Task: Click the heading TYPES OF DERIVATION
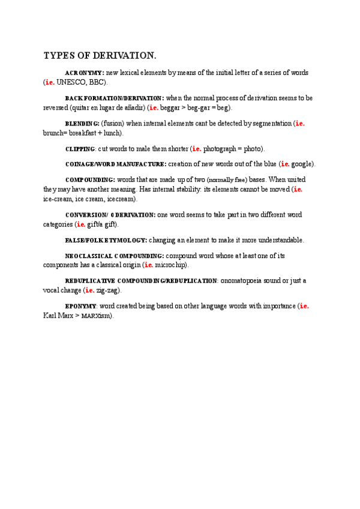(x=100, y=56)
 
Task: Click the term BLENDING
(x=82, y=124)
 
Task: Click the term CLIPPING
(x=80, y=149)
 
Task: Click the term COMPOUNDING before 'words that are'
(x=89, y=179)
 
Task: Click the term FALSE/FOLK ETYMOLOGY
(x=106, y=240)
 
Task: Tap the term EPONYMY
(x=80, y=306)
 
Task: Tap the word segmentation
(x=268, y=124)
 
